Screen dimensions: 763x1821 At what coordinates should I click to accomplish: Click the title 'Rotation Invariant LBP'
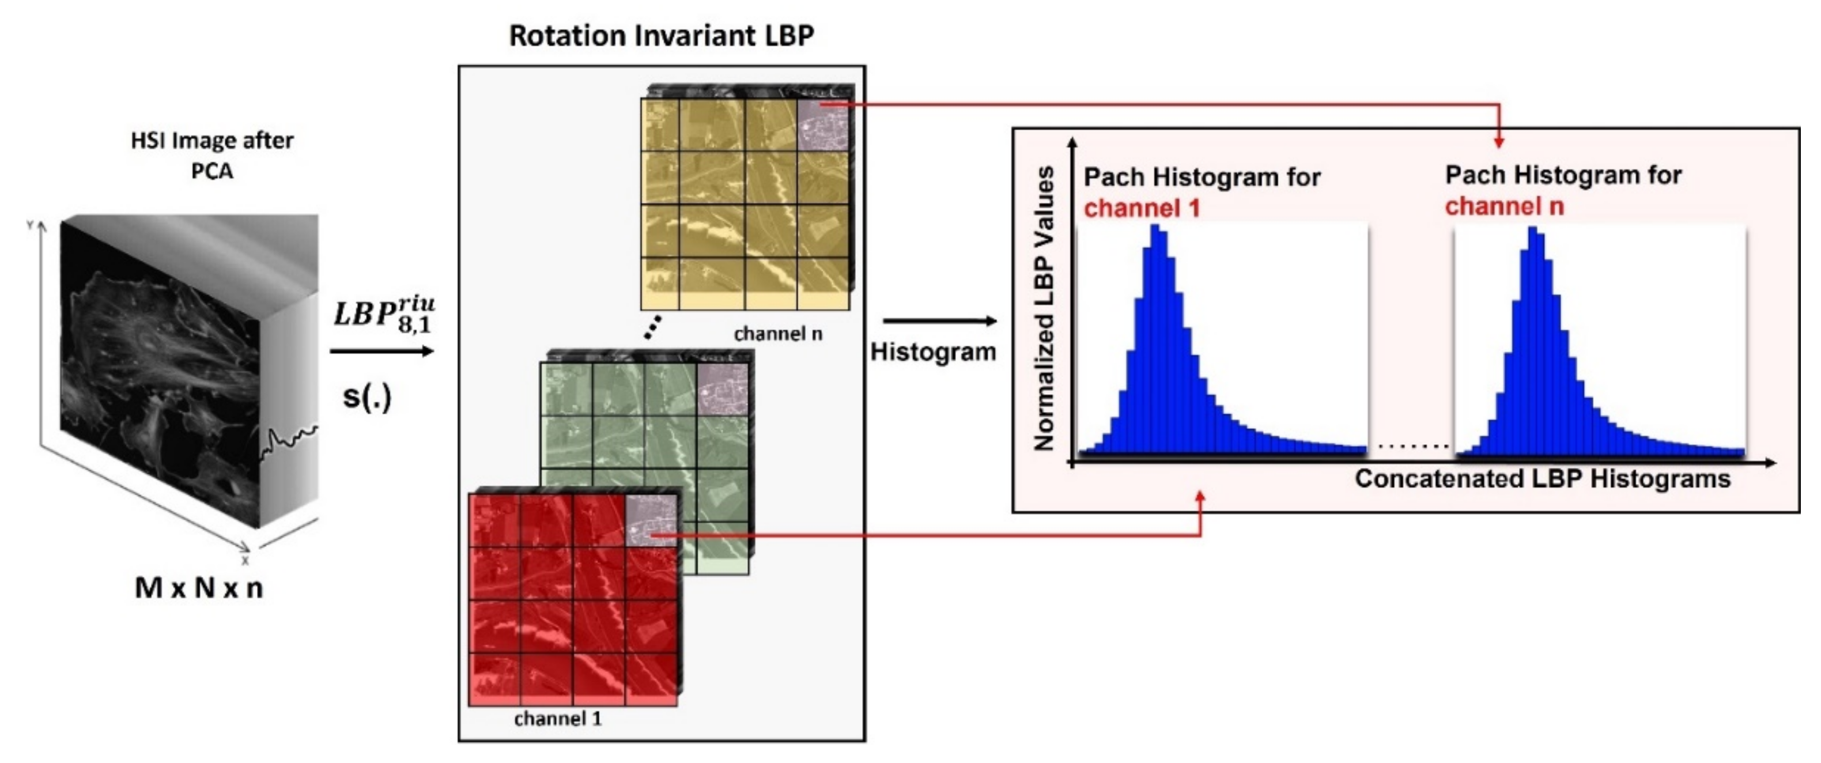(x=661, y=35)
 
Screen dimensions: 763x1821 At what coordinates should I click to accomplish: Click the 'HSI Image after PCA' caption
(x=212, y=156)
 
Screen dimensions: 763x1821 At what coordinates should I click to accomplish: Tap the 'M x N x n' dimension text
(x=199, y=588)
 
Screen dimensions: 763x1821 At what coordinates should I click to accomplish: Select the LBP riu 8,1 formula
(x=384, y=315)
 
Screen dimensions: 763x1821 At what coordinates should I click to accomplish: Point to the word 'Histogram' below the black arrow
(x=932, y=352)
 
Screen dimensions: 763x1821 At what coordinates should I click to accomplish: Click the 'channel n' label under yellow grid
(x=777, y=334)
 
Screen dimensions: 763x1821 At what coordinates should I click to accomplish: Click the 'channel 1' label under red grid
(x=558, y=719)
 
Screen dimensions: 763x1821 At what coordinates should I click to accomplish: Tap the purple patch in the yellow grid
(x=822, y=124)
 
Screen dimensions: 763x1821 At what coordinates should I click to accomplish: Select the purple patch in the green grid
(x=721, y=389)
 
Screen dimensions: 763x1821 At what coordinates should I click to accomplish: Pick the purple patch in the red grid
(x=651, y=520)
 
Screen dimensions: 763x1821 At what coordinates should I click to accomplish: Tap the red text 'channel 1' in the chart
(x=1142, y=209)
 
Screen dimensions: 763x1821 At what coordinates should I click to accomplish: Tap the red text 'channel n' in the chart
(x=1503, y=206)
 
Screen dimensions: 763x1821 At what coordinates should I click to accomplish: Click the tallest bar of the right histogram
(x=1533, y=339)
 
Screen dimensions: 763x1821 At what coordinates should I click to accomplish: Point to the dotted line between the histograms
(x=1412, y=446)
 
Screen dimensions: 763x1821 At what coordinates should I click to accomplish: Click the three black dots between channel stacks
(x=653, y=327)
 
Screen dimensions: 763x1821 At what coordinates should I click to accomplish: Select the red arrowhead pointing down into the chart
(x=1499, y=143)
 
